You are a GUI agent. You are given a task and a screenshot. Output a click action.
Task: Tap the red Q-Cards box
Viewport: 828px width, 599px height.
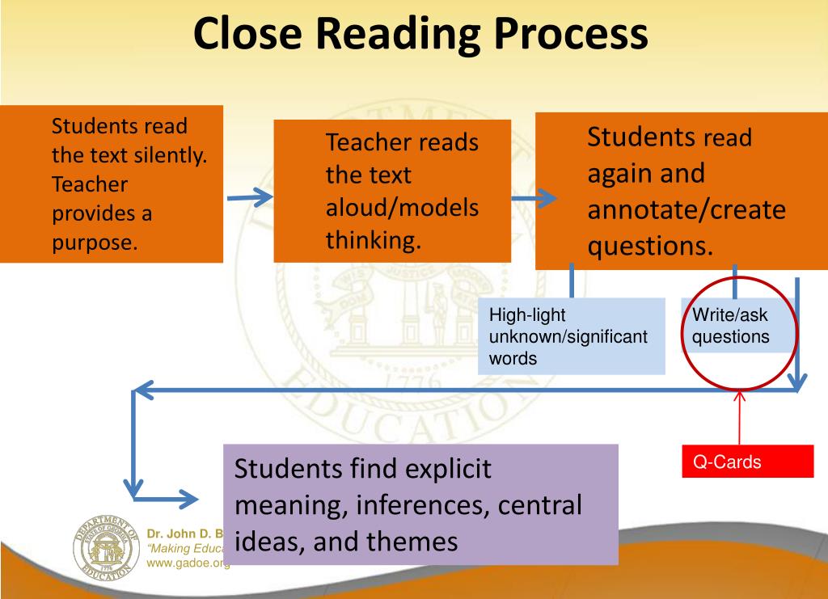[747, 462]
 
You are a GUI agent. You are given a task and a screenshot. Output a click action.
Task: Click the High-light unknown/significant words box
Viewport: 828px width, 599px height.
[571, 336]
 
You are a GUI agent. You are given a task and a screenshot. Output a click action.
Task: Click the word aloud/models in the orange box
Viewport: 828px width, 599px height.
[402, 207]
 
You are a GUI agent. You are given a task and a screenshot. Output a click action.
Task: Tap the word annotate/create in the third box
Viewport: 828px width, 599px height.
[686, 209]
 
